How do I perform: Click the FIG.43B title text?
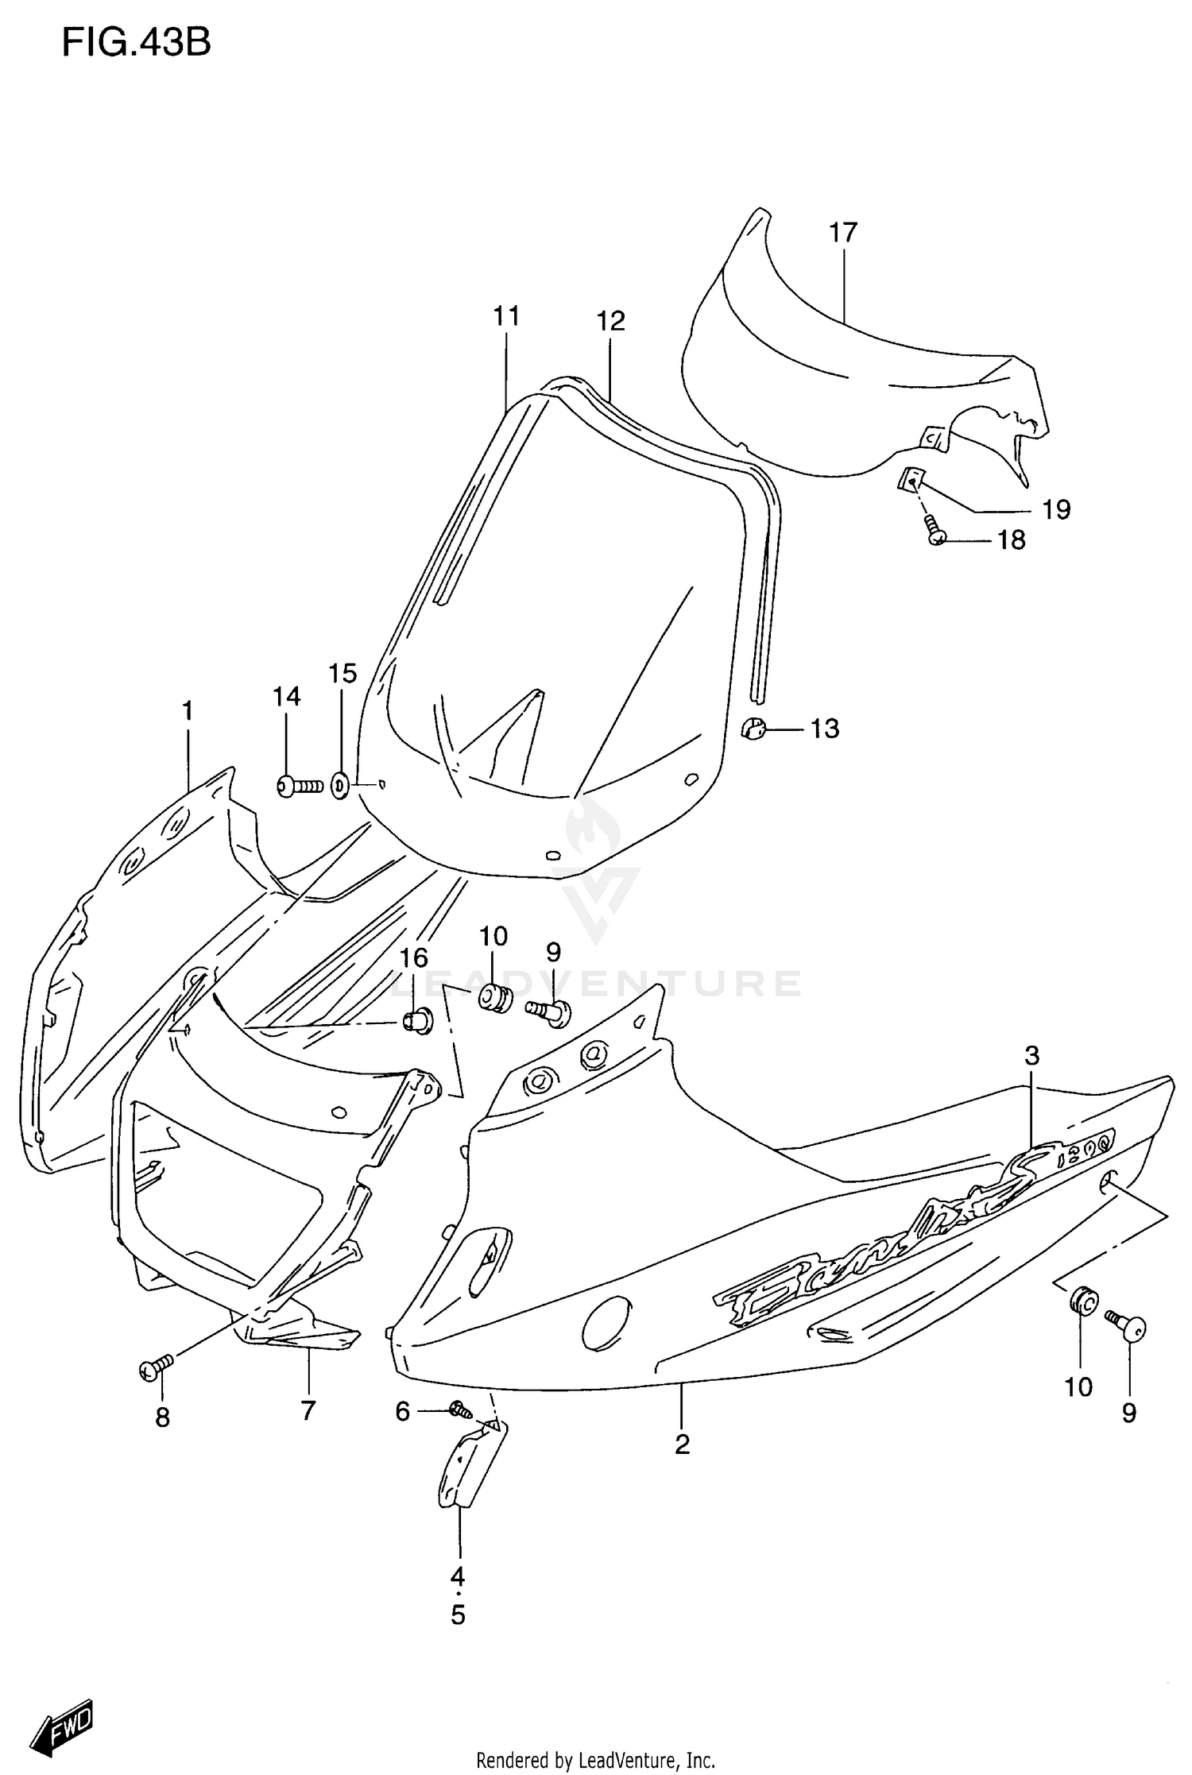click(x=136, y=44)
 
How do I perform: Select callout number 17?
click(x=843, y=233)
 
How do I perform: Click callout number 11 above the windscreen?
click(x=506, y=316)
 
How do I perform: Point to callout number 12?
click(x=611, y=321)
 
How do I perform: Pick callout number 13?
click(x=825, y=729)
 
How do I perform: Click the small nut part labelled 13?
click(x=751, y=726)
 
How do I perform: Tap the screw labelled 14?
click(x=298, y=787)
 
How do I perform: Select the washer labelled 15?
click(x=339, y=787)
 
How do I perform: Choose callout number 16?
click(x=414, y=958)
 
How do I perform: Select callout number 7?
click(x=308, y=1410)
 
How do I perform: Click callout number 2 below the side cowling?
click(x=682, y=1444)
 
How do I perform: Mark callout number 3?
click(x=1031, y=1056)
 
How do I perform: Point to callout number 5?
click(x=458, y=1615)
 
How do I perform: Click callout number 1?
click(x=188, y=710)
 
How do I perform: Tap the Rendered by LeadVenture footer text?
click(x=595, y=1761)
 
